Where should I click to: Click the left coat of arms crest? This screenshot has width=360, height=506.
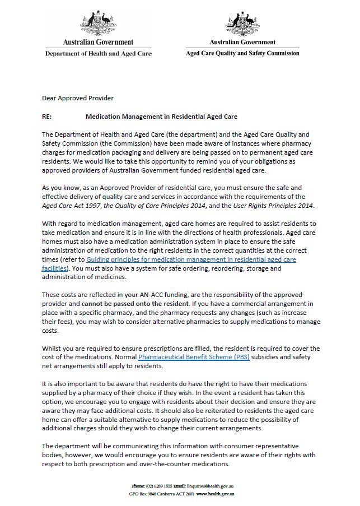point(99,21)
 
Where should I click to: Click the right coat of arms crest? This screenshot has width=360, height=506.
point(242,22)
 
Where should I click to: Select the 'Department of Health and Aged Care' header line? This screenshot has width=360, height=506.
point(98,53)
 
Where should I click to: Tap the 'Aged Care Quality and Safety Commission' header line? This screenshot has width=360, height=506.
point(242,53)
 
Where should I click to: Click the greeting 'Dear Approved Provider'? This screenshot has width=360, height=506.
point(78,98)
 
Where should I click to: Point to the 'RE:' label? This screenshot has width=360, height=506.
point(47,117)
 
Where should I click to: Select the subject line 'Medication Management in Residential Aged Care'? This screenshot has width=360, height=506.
point(161,117)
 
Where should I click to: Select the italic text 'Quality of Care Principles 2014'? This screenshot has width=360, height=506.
point(160,205)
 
